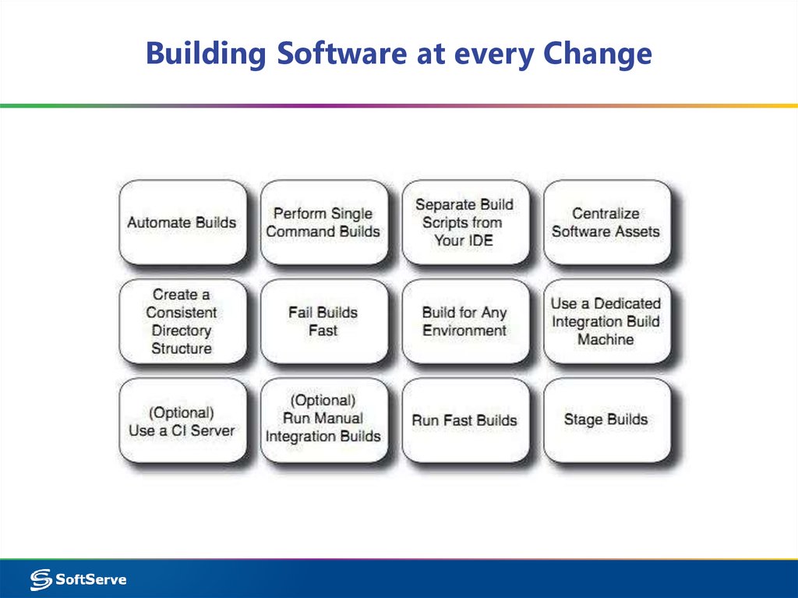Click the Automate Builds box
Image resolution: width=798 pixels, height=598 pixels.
(x=182, y=222)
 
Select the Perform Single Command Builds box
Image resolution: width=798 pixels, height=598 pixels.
(x=323, y=222)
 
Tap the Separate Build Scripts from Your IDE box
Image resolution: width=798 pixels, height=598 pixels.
(x=464, y=222)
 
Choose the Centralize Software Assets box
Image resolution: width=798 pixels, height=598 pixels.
(x=606, y=222)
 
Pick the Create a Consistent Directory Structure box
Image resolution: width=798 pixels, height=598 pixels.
(x=182, y=321)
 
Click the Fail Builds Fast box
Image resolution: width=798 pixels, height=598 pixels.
(x=323, y=321)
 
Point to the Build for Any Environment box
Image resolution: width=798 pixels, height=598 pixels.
(x=464, y=321)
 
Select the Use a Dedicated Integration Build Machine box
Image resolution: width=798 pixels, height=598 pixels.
(x=606, y=321)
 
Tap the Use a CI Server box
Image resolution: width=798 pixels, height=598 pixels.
(x=182, y=421)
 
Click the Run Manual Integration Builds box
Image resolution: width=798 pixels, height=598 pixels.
(x=323, y=421)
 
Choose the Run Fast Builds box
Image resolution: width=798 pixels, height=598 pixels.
(x=464, y=421)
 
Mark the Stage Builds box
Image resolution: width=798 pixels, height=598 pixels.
(x=606, y=421)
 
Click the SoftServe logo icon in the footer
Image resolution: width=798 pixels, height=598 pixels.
(x=41, y=579)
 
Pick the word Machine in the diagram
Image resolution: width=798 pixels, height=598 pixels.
(x=606, y=339)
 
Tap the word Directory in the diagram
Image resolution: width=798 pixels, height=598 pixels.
(x=182, y=330)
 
